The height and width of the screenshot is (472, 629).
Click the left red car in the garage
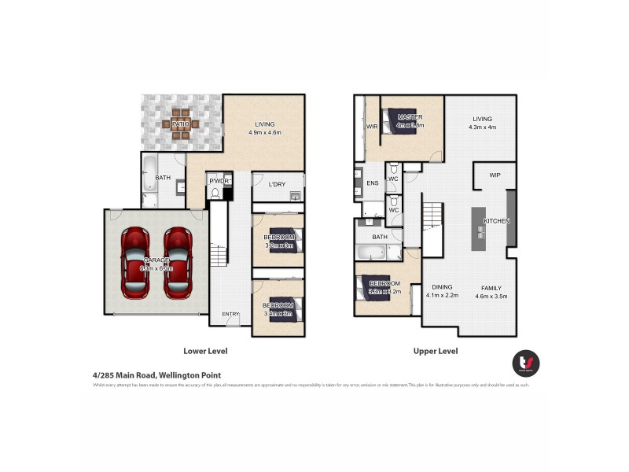pyautogui.click(x=136, y=262)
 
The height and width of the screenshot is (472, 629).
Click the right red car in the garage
pyautogui.click(x=178, y=262)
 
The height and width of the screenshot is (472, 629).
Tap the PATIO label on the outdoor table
pyautogui.click(x=180, y=124)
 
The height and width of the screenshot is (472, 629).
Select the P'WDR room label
pyautogui.click(x=217, y=181)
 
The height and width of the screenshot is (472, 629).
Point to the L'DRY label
pyautogui.click(x=277, y=184)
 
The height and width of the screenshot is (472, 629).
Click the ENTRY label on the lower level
pyautogui.click(x=230, y=315)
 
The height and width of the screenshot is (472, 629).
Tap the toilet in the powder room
pyautogui.click(x=214, y=194)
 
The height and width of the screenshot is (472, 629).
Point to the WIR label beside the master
pyautogui.click(x=373, y=126)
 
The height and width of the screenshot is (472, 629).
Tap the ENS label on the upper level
pyautogui.click(x=372, y=183)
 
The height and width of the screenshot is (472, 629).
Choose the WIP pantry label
pyautogui.click(x=495, y=175)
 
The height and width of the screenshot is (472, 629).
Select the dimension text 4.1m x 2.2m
pyautogui.click(x=441, y=296)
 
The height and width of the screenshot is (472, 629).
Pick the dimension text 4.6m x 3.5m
pyautogui.click(x=491, y=296)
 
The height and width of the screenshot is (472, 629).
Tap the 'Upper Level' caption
pyautogui.click(x=436, y=352)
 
